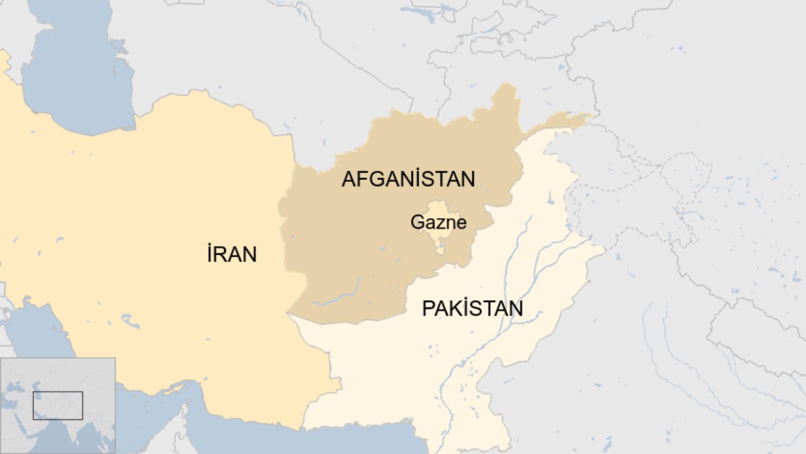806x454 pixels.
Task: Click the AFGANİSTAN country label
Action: [x=408, y=179]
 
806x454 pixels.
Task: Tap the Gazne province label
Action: [x=438, y=222]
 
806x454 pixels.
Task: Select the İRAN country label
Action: [x=232, y=254]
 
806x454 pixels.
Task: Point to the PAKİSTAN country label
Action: [x=472, y=309]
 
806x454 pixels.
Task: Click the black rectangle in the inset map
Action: [x=58, y=406]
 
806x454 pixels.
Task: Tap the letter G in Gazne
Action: [x=417, y=222]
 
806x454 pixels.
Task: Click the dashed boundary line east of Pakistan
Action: [x=642, y=163]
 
